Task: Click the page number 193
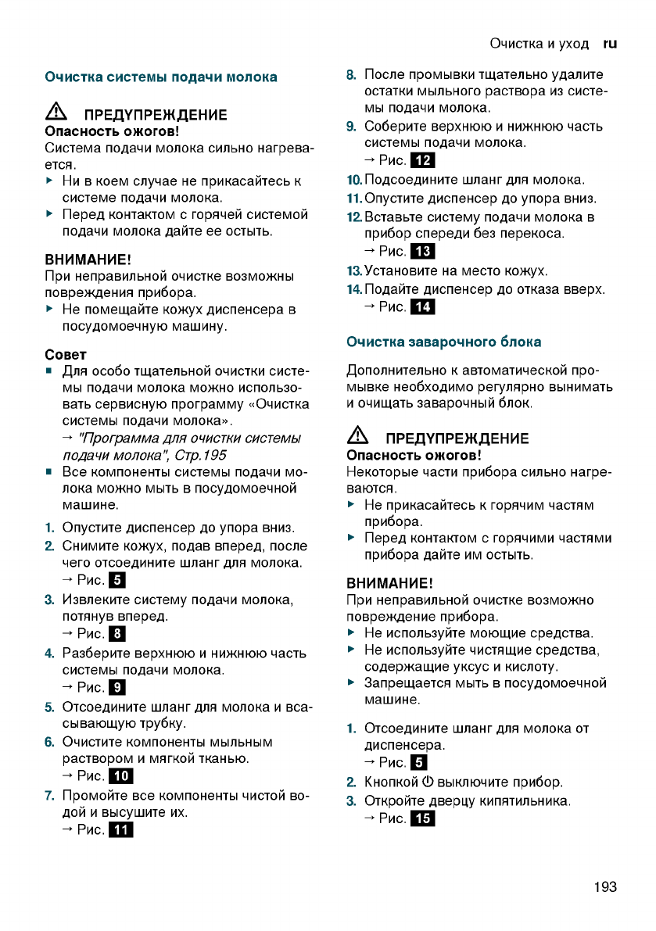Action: pos(604,886)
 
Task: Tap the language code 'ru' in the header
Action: pos(610,44)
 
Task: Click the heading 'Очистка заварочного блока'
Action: pos(443,342)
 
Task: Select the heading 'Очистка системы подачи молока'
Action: pos(161,77)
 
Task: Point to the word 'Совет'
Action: pos(66,355)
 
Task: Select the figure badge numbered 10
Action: pos(123,776)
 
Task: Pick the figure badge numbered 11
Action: pos(123,830)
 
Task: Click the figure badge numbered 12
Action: pos(423,162)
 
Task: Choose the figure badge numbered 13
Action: pos(423,252)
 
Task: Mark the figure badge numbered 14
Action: pos(423,307)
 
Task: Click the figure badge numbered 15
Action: pos(423,819)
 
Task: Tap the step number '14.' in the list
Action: pos(353,289)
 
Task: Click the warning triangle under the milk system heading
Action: pos(56,114)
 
